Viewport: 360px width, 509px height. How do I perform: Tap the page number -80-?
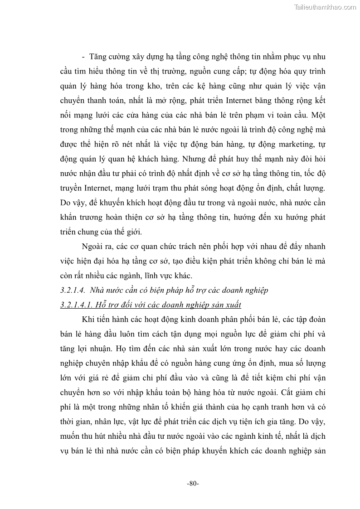[193, 484]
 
